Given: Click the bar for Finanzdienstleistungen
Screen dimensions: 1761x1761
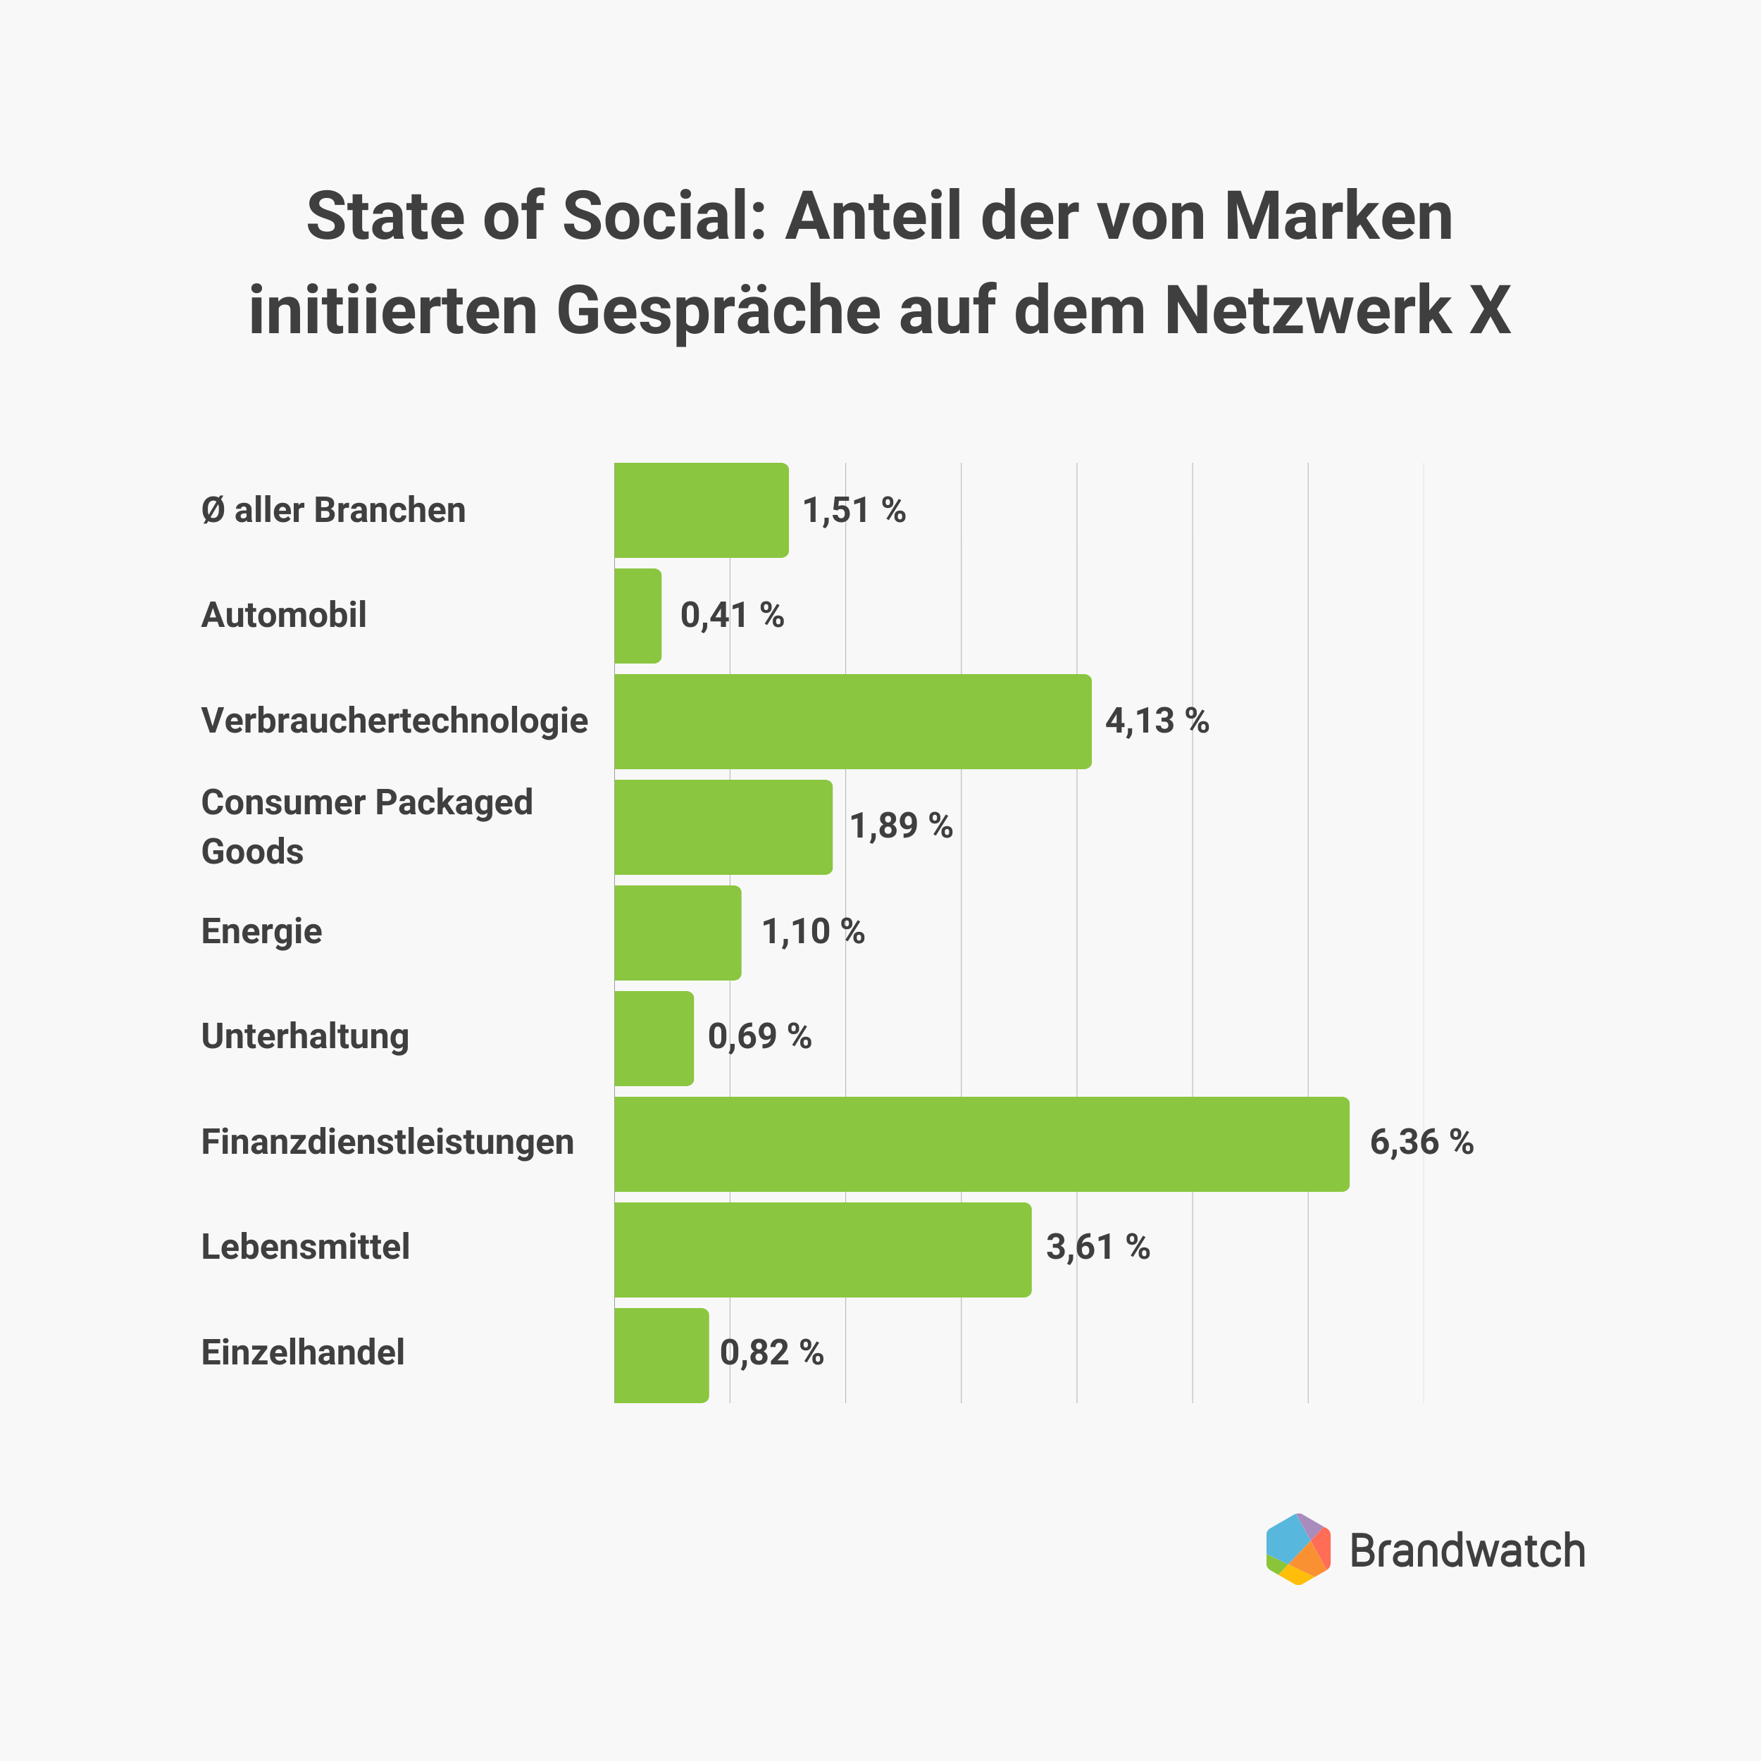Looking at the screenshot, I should coord(982,1144).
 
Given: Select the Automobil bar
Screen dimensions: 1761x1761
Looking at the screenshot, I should coord(638,616).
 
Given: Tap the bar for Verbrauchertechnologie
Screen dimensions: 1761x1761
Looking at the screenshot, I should coord(852,722).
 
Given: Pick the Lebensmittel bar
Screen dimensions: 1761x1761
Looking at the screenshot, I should coord(822,1250).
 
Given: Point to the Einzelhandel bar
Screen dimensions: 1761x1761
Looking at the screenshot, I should coord(661,1355).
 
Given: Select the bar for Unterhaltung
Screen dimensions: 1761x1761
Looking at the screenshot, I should coord(654,1038).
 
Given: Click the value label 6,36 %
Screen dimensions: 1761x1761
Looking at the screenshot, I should coord(1421,1142).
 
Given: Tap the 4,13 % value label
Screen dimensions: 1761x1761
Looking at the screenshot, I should coord(1157,721).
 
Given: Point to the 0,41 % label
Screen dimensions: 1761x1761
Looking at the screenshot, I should coord(732,615).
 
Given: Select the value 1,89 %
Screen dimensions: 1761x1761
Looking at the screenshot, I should coord(900,826).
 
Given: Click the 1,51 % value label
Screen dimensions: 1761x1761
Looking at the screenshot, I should coord(853,511).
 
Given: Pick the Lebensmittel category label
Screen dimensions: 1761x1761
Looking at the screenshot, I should coord(305,1247).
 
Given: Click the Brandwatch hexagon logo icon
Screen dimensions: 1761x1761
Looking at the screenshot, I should coord(1298,1550).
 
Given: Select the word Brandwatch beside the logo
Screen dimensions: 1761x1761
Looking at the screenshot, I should coord(1467,1551).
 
